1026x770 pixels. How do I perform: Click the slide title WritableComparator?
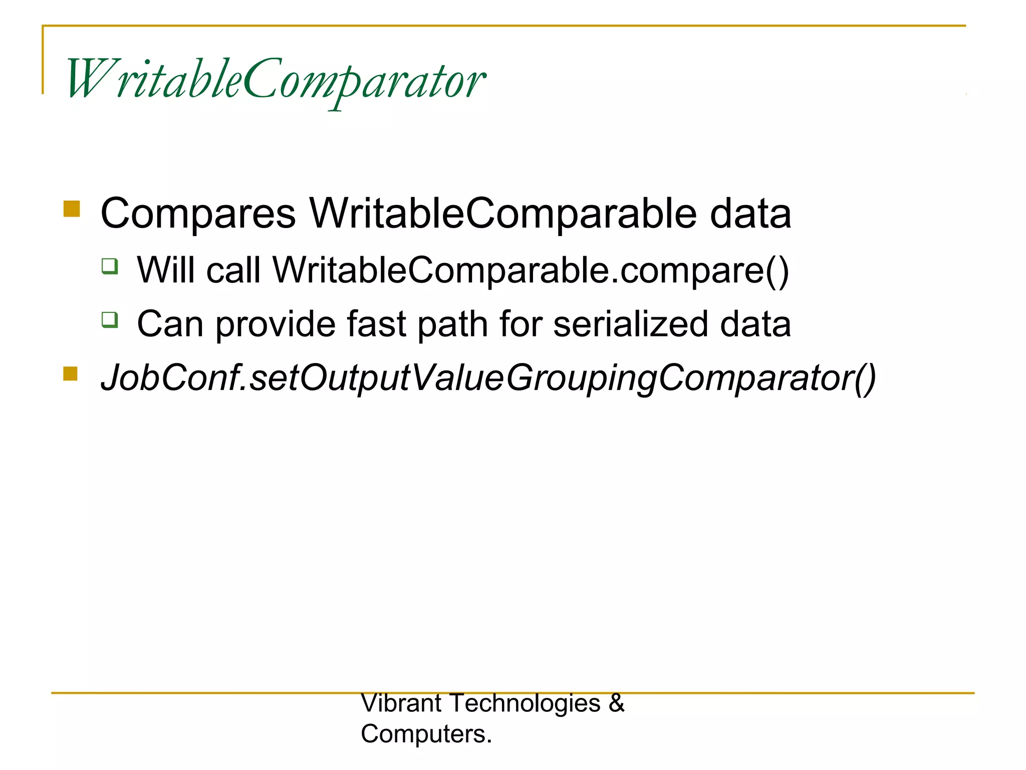point(276,80)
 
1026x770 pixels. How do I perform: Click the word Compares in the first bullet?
point(198,214)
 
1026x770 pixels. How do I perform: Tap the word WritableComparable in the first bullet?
point(502,214)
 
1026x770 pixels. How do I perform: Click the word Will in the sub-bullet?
point(165,270)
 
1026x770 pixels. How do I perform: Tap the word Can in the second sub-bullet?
point(170,324)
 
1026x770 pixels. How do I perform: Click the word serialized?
point(630,324)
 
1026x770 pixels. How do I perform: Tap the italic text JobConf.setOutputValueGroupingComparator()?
point(488,378)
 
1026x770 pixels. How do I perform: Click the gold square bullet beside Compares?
point(72,209)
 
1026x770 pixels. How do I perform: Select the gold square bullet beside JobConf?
point(71,373)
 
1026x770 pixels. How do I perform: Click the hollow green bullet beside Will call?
point(110,266)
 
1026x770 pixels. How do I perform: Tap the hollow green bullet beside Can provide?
point(110,319)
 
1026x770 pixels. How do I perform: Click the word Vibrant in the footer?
point(401,703)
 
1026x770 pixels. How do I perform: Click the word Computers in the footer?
point(423,734)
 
